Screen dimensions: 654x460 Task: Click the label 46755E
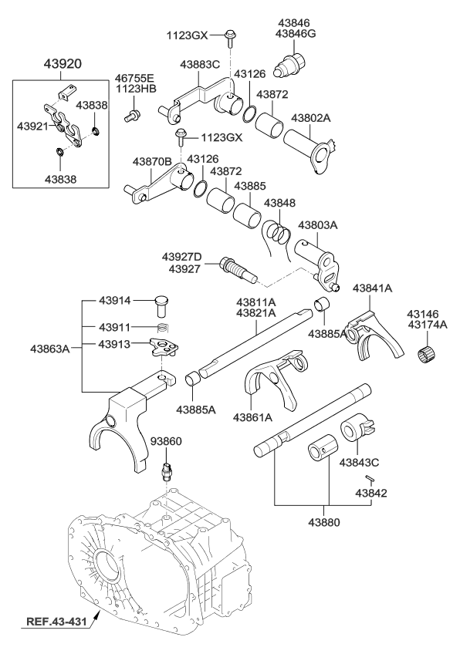[135, 78]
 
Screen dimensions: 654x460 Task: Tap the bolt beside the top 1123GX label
[231, 34]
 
